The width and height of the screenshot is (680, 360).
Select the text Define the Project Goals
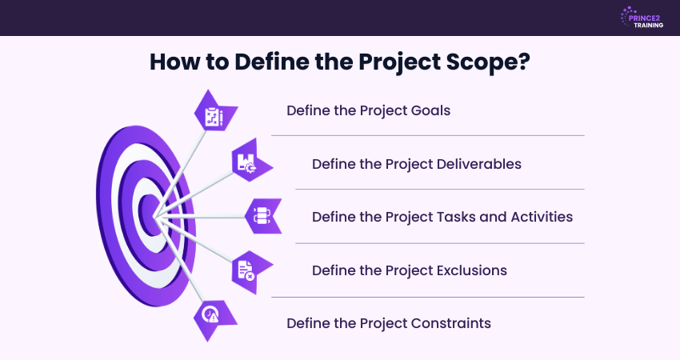(368, 110)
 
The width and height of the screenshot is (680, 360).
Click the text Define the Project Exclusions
(409, 270)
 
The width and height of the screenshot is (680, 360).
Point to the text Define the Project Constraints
(388, 323)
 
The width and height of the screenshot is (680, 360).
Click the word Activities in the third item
(538, 216)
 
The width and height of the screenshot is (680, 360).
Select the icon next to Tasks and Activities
(262, 215)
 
